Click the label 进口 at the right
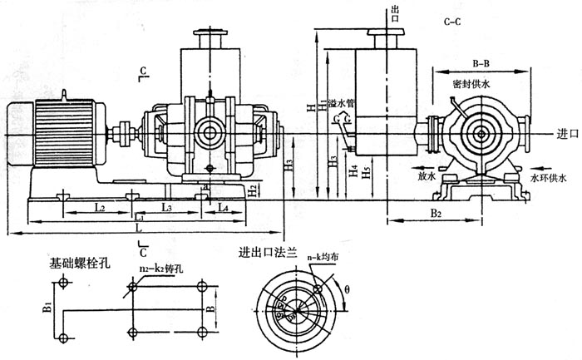tap(568, 133)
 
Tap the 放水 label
tap(421, 176)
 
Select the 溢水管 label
tap(341, 104)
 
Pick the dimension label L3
tap(166, 205)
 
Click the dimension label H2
tap(253, 190)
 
